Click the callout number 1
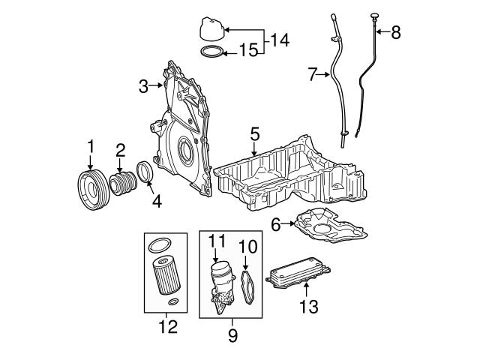pos(91,144)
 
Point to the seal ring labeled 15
pos(212,52)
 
